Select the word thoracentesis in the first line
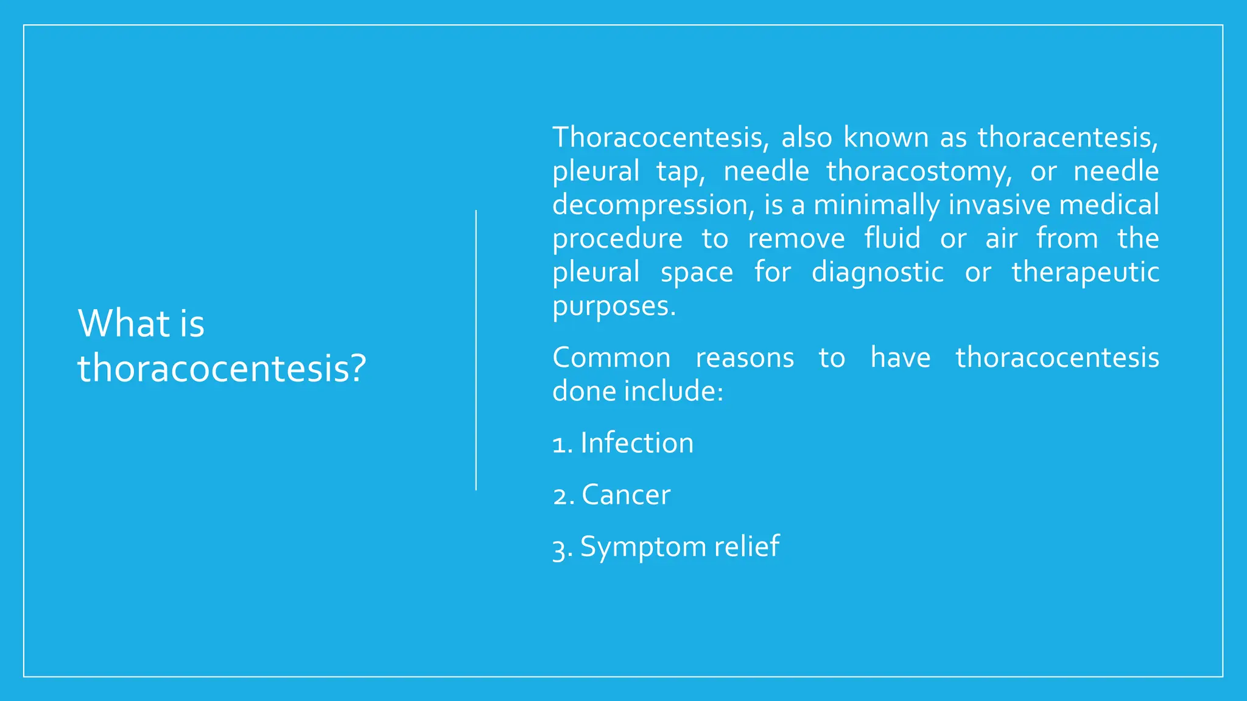(1066, 138)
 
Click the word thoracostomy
(918, 172)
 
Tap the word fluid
(892, 239)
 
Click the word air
(1001, 239)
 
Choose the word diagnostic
(877, 272)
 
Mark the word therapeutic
(1085, 272)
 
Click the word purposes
(613, 306)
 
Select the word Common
(611, 358)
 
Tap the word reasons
(745, 358)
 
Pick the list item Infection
(636, 443)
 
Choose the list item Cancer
(625, 495)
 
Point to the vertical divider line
(476, 350)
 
